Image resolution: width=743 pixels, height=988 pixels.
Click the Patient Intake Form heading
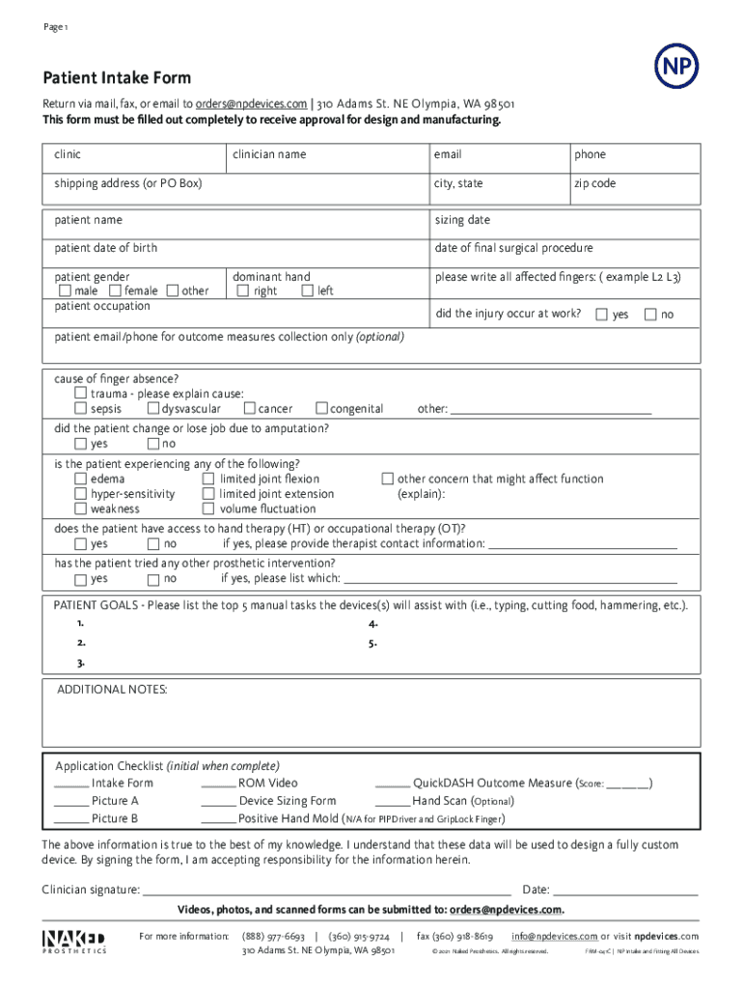pyautogui.click(x=116, y=78)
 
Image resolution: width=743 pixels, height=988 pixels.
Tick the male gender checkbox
pyautogui.click(x=65, y=290)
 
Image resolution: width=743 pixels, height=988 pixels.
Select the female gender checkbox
pyautogui.click(x=115, y=290)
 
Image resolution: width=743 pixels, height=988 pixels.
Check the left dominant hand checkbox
pyautogui.click(x=307, y=290)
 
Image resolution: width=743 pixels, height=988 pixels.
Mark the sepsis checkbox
pyautogui.click(x=81, y=409)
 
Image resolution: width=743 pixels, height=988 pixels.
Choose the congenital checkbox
pyautogui.click(x=322, y=409)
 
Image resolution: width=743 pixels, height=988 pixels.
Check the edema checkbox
pyautogui.click(x=81, y=479)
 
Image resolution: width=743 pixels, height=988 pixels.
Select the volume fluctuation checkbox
pyautogui.click(x=208, y=508)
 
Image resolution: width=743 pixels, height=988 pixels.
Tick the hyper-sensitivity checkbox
pyautogui.click(x=81, y=494)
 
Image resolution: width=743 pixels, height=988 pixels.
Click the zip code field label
pyautogui.click(x=594, y=183)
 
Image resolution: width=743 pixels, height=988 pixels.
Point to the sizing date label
pyautogui.click(x=462, y=220)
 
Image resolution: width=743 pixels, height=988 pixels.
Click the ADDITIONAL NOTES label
pyautogui.click(x=112, y=690)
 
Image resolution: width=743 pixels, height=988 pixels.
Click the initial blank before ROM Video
pyautogui.click(x=218, y=784)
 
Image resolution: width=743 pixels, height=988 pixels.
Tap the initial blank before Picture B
pyautogui.click(x=70, y=819)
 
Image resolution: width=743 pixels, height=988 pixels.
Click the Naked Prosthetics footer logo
pyautogui.click(x=73, y=941)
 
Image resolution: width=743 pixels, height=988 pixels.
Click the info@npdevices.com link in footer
pyautogui.click(x=555, y=936)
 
